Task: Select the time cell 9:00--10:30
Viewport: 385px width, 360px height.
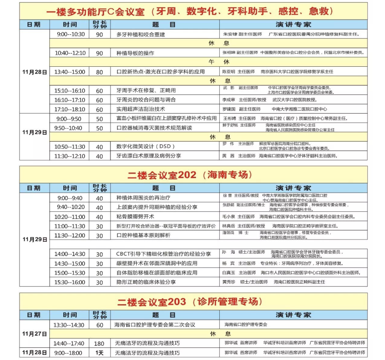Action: pyautogui.click(x=70, y=34)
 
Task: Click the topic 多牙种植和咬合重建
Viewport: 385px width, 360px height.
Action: pyautogui.click(x=141, y=34)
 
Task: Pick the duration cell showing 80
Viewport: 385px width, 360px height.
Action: pyautogui.click(x=99, y=72)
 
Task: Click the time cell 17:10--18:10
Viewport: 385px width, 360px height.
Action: pyautogui.click(x=70, y=109)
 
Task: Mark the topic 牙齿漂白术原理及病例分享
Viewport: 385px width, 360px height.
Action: pyautogui.click(x=147, y=156)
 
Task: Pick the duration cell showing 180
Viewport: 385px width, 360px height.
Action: pyautogui.click(x=99, y=343)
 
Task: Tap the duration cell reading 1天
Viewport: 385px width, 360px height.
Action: pyautogui.click(x=99, y=353)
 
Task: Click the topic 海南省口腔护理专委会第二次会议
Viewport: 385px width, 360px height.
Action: pyautogui.click(x=155, y=324)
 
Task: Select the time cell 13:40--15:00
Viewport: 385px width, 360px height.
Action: pyautogui.click(x=70, y=72)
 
